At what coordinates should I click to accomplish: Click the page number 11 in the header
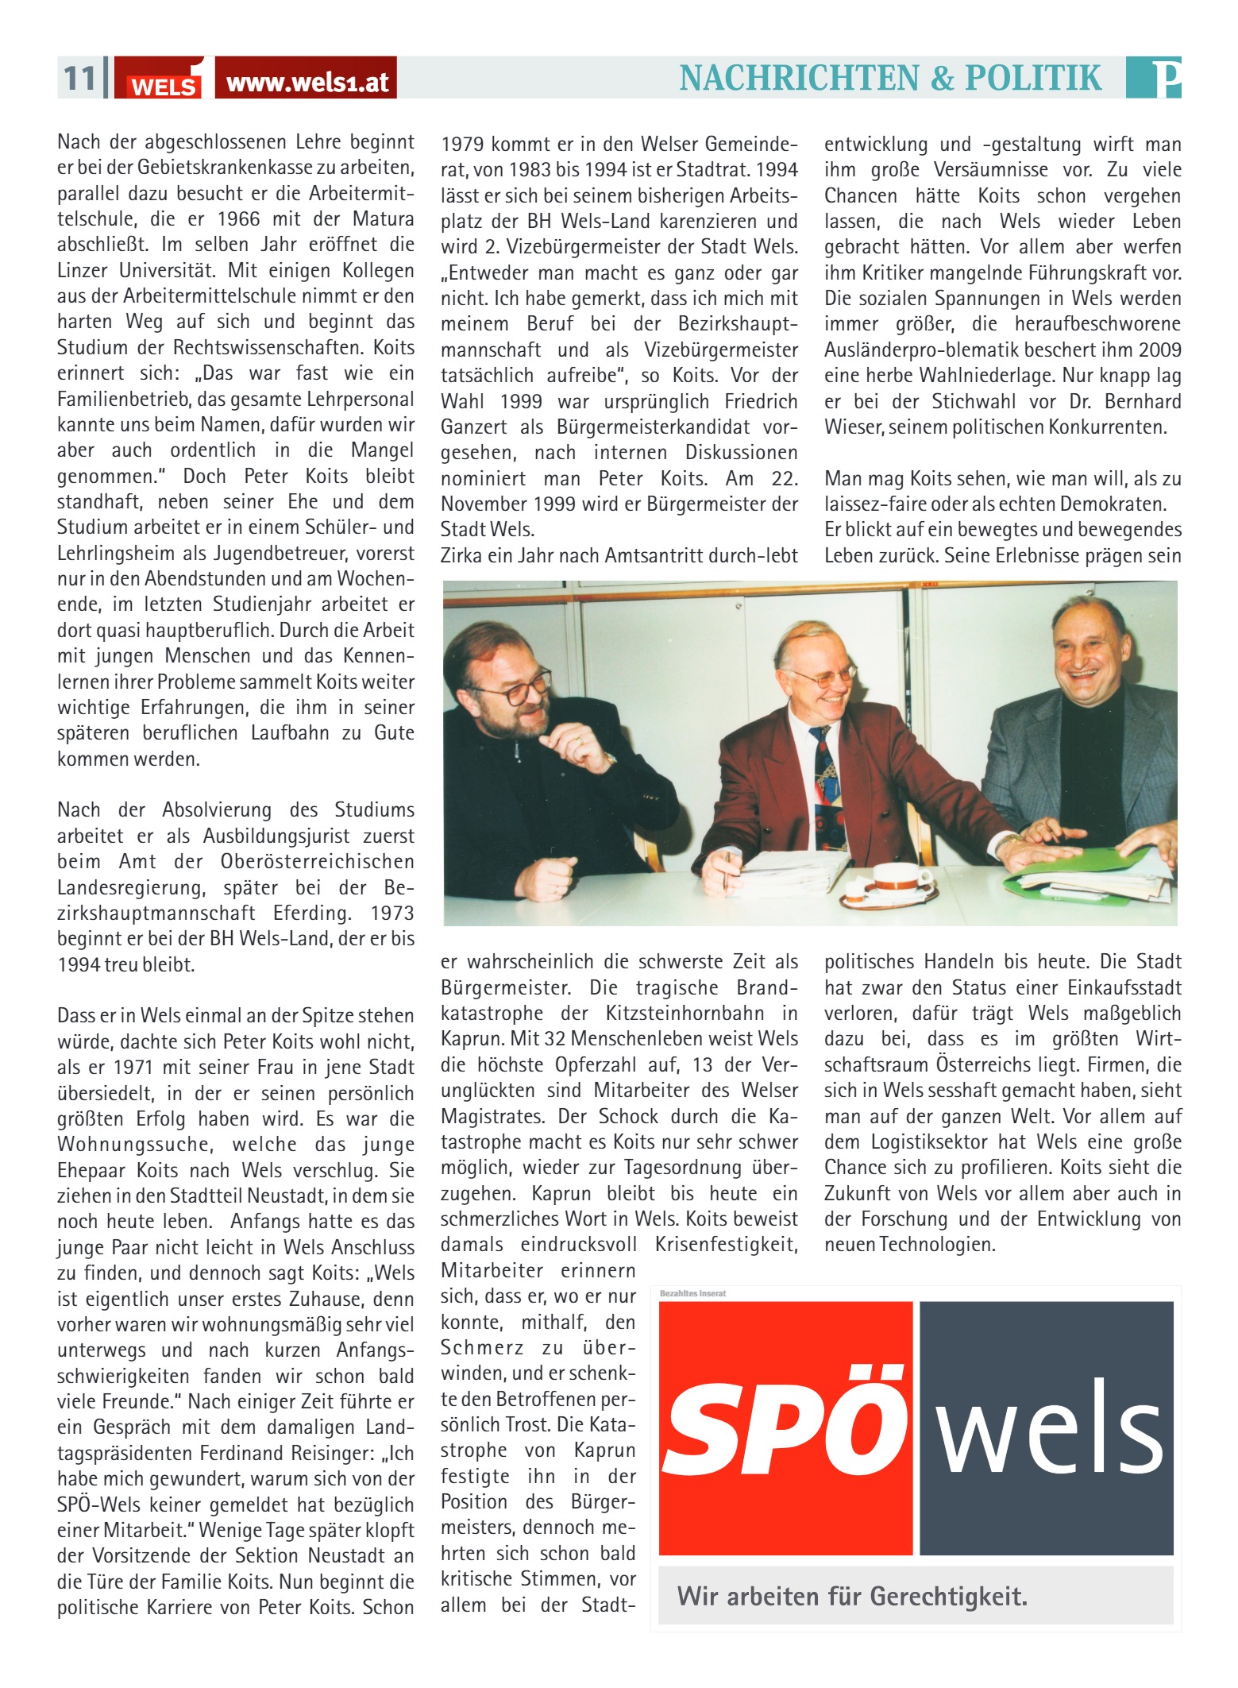[x=79, y=79]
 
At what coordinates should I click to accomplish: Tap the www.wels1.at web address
[x=307, y=83]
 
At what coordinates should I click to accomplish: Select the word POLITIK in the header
[x=1033, y=78]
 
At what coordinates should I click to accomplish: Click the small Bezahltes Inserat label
[x=692, y=1293]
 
